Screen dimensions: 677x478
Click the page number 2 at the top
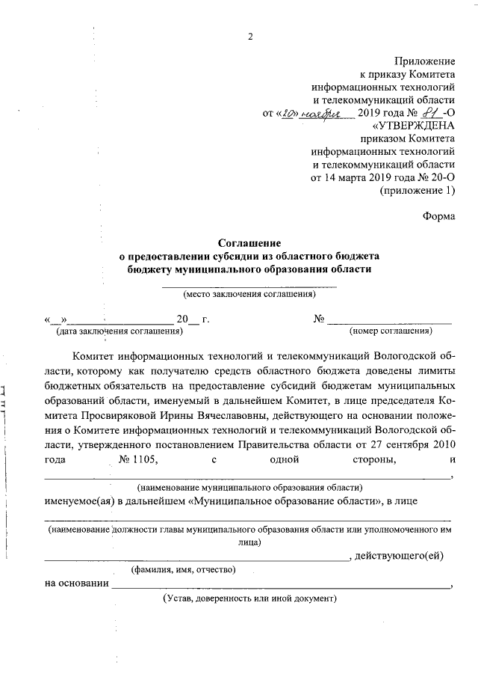coord(250,37)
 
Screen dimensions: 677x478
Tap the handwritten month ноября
coord(327,114)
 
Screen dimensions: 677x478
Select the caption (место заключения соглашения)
coord(249,294)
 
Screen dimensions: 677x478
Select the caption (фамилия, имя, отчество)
coord(184,570)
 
